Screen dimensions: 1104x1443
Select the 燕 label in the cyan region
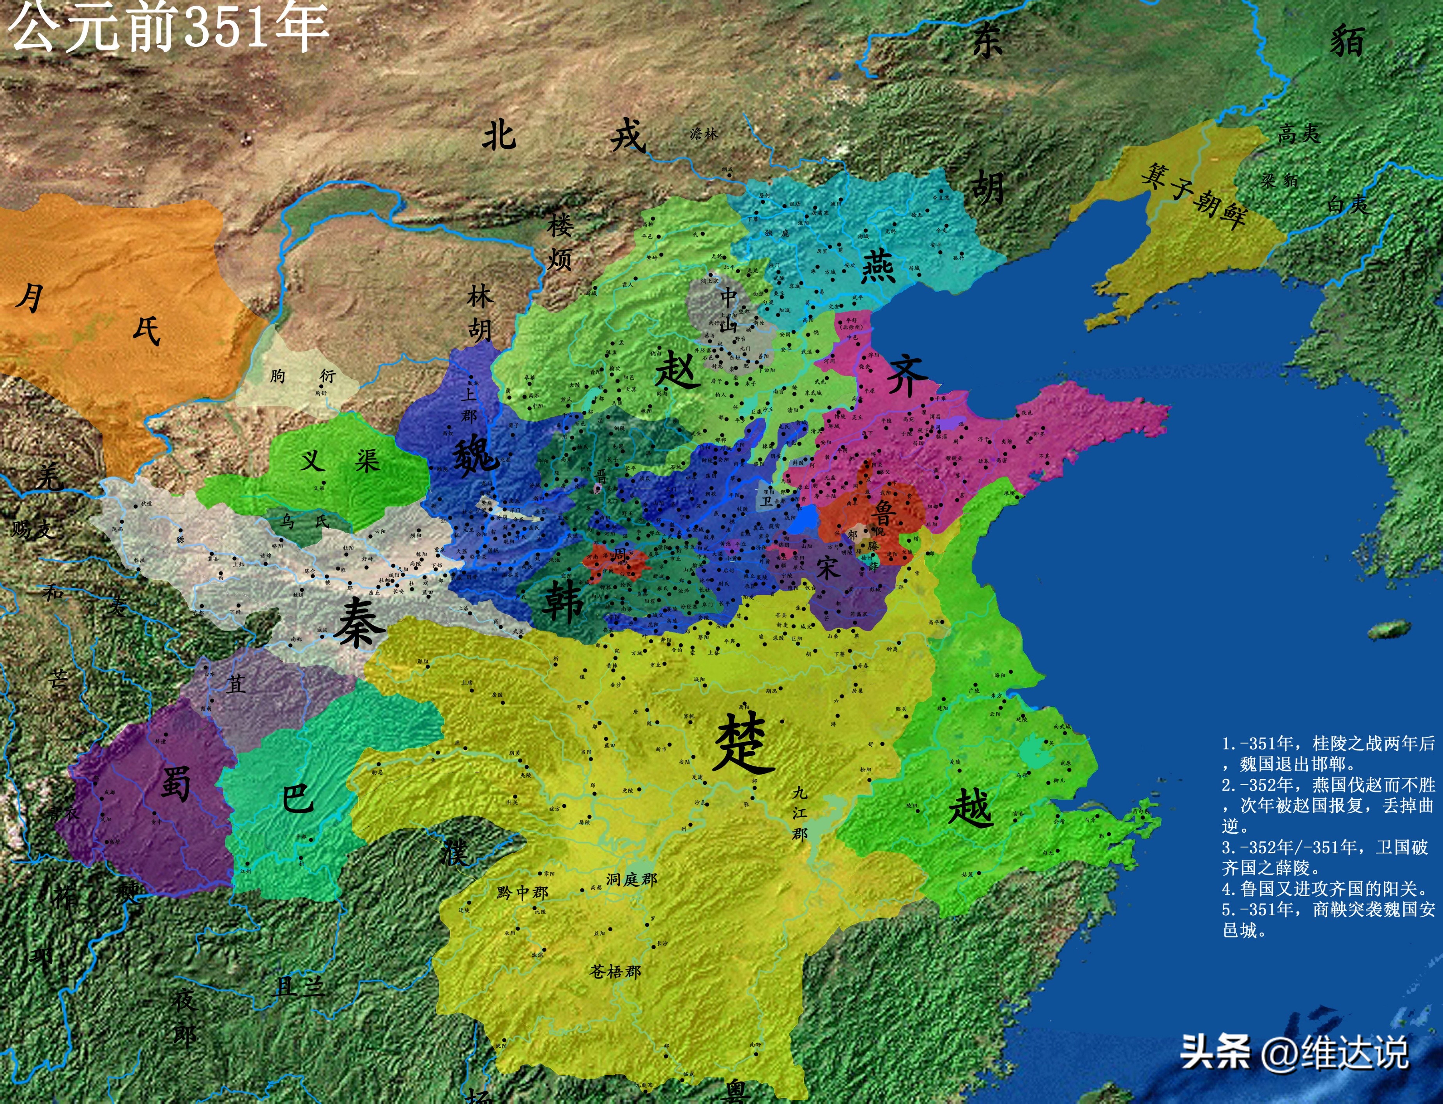pos(879,266)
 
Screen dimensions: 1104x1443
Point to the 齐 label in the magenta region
pos(907,377)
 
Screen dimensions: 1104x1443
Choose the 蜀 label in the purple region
pos(175,783)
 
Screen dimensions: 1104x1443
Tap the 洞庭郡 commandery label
pos(631,879)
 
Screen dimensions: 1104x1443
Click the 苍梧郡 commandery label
pos(615,971)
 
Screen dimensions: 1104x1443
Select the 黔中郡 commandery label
pos(522,892)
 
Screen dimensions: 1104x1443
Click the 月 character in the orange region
pos(30,298)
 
